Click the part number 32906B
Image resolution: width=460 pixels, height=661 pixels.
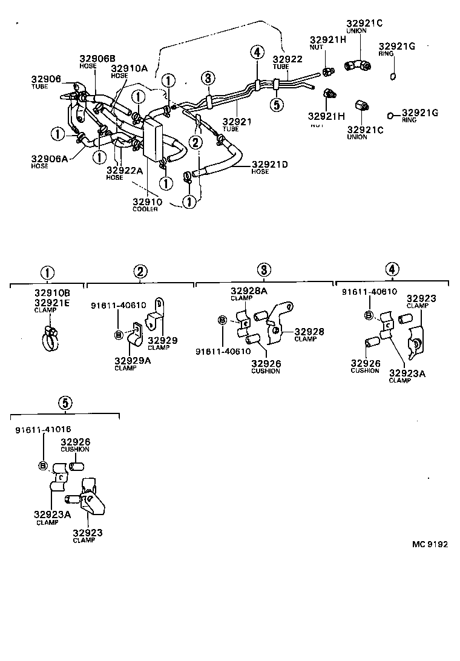(97, 58)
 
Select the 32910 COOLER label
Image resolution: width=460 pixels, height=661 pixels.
(145, 204)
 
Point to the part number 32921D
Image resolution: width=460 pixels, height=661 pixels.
(270, 164)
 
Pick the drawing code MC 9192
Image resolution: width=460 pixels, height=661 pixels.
(430, 544)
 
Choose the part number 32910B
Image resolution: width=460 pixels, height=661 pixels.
(52, 293)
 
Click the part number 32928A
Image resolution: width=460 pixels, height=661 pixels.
(249, 292)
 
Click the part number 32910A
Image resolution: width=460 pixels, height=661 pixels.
(129, 68)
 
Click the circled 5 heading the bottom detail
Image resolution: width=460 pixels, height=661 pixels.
(65, 402)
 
